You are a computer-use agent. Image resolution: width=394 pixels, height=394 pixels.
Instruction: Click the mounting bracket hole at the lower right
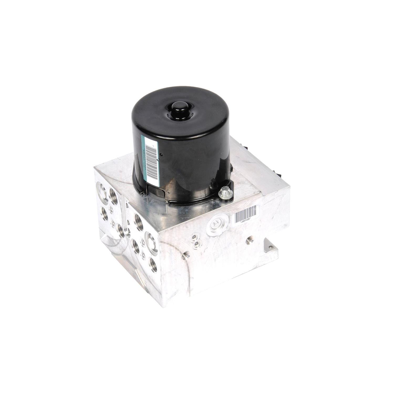tap(271, 247)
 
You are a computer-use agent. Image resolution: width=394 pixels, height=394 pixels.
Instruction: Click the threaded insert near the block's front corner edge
tap(186, 254)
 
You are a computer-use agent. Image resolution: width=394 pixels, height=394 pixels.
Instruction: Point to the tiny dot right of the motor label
tap(162, 154)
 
